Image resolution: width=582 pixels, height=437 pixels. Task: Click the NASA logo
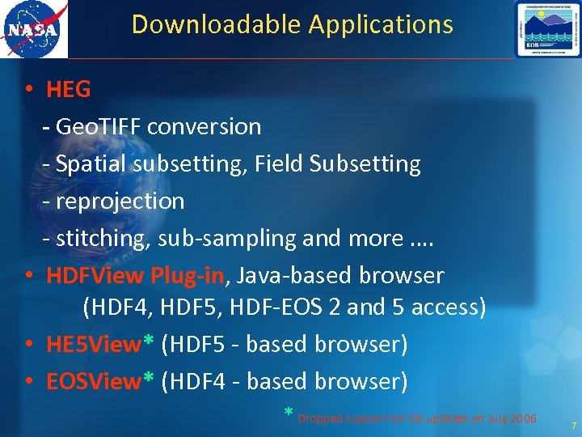(34, 29)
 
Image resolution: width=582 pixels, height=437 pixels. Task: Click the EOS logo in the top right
(547, 29)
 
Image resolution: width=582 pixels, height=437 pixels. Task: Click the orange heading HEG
(69, 90)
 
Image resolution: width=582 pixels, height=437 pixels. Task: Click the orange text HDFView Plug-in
(135, 276)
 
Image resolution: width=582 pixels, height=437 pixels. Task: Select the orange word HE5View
(94, 345)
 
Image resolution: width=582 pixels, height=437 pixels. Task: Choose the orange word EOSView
(94, 381)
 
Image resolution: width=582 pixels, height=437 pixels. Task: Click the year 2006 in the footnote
(524, 418)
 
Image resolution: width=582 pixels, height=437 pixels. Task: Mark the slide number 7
(573, 426)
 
